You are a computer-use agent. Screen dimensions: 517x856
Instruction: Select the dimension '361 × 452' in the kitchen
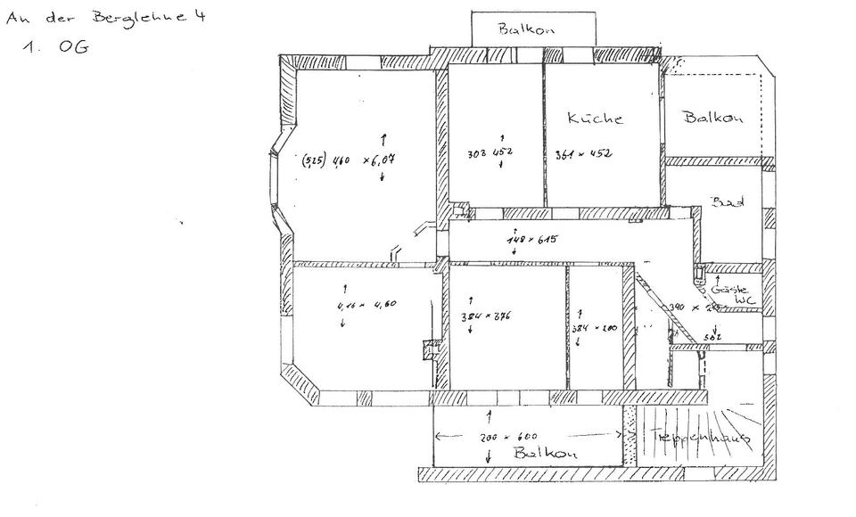582,154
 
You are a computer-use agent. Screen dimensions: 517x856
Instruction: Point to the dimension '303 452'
490,153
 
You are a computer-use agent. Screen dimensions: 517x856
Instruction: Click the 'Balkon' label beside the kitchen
713,118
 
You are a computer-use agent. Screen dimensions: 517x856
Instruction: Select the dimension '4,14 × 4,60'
366,305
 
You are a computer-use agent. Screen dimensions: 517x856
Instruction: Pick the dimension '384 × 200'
595,328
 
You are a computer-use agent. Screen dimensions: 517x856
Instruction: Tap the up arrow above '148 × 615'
514,229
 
